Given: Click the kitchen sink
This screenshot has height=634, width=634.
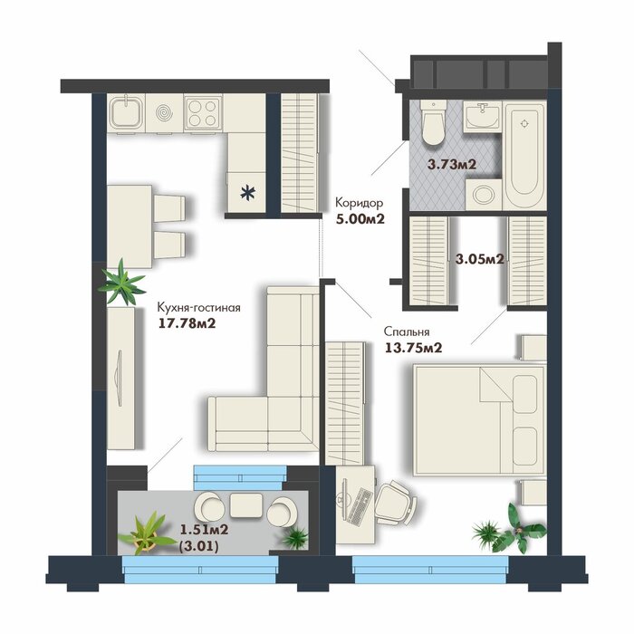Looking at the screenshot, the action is pos(126,113).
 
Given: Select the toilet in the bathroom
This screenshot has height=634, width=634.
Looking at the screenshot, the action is pos(433,122).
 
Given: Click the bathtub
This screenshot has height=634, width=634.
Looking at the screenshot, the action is pos(524,156).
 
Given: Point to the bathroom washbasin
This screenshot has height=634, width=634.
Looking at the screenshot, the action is pos(482,117).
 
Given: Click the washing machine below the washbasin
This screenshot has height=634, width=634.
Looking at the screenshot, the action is pos(484,195).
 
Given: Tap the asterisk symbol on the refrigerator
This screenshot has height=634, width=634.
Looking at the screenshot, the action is pos(247,193).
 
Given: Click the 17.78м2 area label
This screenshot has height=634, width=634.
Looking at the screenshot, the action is pos(187,324).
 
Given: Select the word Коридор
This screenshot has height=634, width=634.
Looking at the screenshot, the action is pos(359,202).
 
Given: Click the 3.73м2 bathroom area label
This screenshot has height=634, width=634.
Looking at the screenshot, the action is pos(452,164).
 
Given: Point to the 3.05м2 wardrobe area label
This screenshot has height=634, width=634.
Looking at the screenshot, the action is pos(479,258).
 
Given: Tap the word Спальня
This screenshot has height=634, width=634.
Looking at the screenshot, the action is pos(407,332).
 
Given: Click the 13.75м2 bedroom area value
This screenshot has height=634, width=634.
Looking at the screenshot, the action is pos(413,348).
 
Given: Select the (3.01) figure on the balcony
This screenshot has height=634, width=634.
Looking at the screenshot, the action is pos(199,547).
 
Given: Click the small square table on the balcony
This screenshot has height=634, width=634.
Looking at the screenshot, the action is pos(245,505).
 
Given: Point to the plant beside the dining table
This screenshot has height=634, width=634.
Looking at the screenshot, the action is pos(121,283).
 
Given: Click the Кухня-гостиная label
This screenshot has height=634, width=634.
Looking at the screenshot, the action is pos(198,308).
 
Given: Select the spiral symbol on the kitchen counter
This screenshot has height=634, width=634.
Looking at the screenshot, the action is pos(164,113).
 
